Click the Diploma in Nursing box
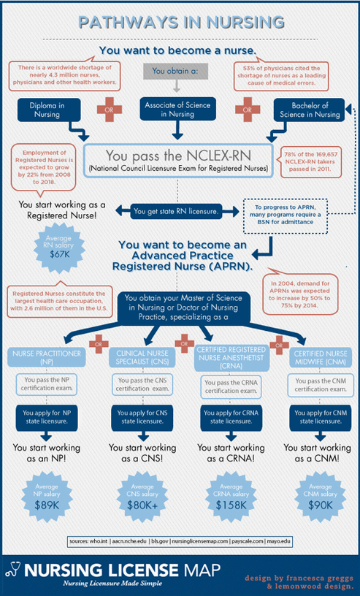(x=49, y=110)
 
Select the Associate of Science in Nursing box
(x=177, y=110)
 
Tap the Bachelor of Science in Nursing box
(x=309, y=110)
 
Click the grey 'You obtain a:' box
(x=176, y=71)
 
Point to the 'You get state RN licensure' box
(x=177, y=211)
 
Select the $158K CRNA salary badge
(x=231, y=496)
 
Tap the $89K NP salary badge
(x=47, y=496)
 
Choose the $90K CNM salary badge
(x=320, y=496)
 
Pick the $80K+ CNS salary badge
(x=142, y=496)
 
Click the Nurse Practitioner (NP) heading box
(x=47, y=357)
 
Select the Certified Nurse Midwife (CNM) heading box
(x=320, y=358)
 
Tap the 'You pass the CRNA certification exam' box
(x=231, y=386)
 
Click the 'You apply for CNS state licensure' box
(x=142, y=417)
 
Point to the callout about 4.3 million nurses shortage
(x=64, y=75)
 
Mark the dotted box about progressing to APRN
(x=285, y=216)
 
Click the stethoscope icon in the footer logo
(x=13, y=570)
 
